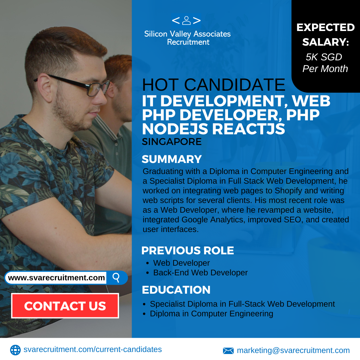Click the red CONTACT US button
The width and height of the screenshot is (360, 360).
tap(65, 306)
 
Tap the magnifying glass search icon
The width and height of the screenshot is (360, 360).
tap(116, 278)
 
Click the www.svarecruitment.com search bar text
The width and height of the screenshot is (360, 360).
tap(56, 278)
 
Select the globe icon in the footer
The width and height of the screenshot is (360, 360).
tap(15, 350)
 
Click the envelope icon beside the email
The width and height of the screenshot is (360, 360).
tap(228, 351)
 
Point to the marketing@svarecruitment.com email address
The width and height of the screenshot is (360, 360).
tap(293, 350)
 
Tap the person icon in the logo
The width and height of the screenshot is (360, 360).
tap(186, 20)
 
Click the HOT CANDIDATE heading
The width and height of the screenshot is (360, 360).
tap(214, 85)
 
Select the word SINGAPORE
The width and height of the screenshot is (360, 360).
tap(172, 142)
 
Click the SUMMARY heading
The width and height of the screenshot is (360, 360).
tap(172, 159)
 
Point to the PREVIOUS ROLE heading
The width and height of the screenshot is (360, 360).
tap(188, 250)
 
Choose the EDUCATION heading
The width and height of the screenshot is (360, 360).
tap(176, 290)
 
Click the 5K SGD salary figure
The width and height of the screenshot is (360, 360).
tap(324, 57)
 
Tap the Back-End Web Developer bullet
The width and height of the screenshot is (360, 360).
tap(200, 273)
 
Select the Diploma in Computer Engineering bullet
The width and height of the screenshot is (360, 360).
tap(211, 314)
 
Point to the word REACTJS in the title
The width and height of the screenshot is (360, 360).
tap(248, 129)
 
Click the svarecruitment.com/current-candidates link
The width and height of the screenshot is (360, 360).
tap(93, 349)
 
